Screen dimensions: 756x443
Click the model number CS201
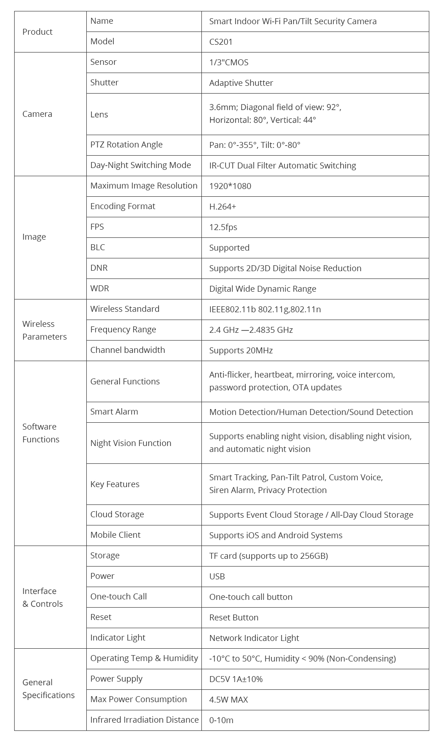(x=221, y=42)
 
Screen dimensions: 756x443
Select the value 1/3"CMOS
(x=229, y=63)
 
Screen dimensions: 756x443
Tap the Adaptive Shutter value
(x=241, y=83)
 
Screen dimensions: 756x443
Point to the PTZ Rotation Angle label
(x=127, y=145)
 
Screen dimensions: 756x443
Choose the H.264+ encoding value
(x=223, y=207)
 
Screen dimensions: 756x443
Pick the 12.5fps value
(x=223, y=227)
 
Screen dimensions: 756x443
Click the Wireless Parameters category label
(x=44, y=330)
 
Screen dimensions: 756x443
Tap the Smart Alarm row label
(x=114, y=412)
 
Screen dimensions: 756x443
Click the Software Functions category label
(x=41, y=433)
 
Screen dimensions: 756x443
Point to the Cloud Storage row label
(x=117, y=514)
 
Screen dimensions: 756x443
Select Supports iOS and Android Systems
(x=276, y=535)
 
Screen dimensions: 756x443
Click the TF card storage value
(x=269, y=556)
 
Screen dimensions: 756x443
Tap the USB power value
(x=217, y=577)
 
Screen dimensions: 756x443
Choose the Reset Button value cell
(x=234, y=618)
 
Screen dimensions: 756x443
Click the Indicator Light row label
(x=118, y=638)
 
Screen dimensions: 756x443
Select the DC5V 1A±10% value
(x=236, y=679)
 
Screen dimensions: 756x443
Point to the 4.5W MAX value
(x=228, y=700)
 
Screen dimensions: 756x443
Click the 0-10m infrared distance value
(x=221, y=720)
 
